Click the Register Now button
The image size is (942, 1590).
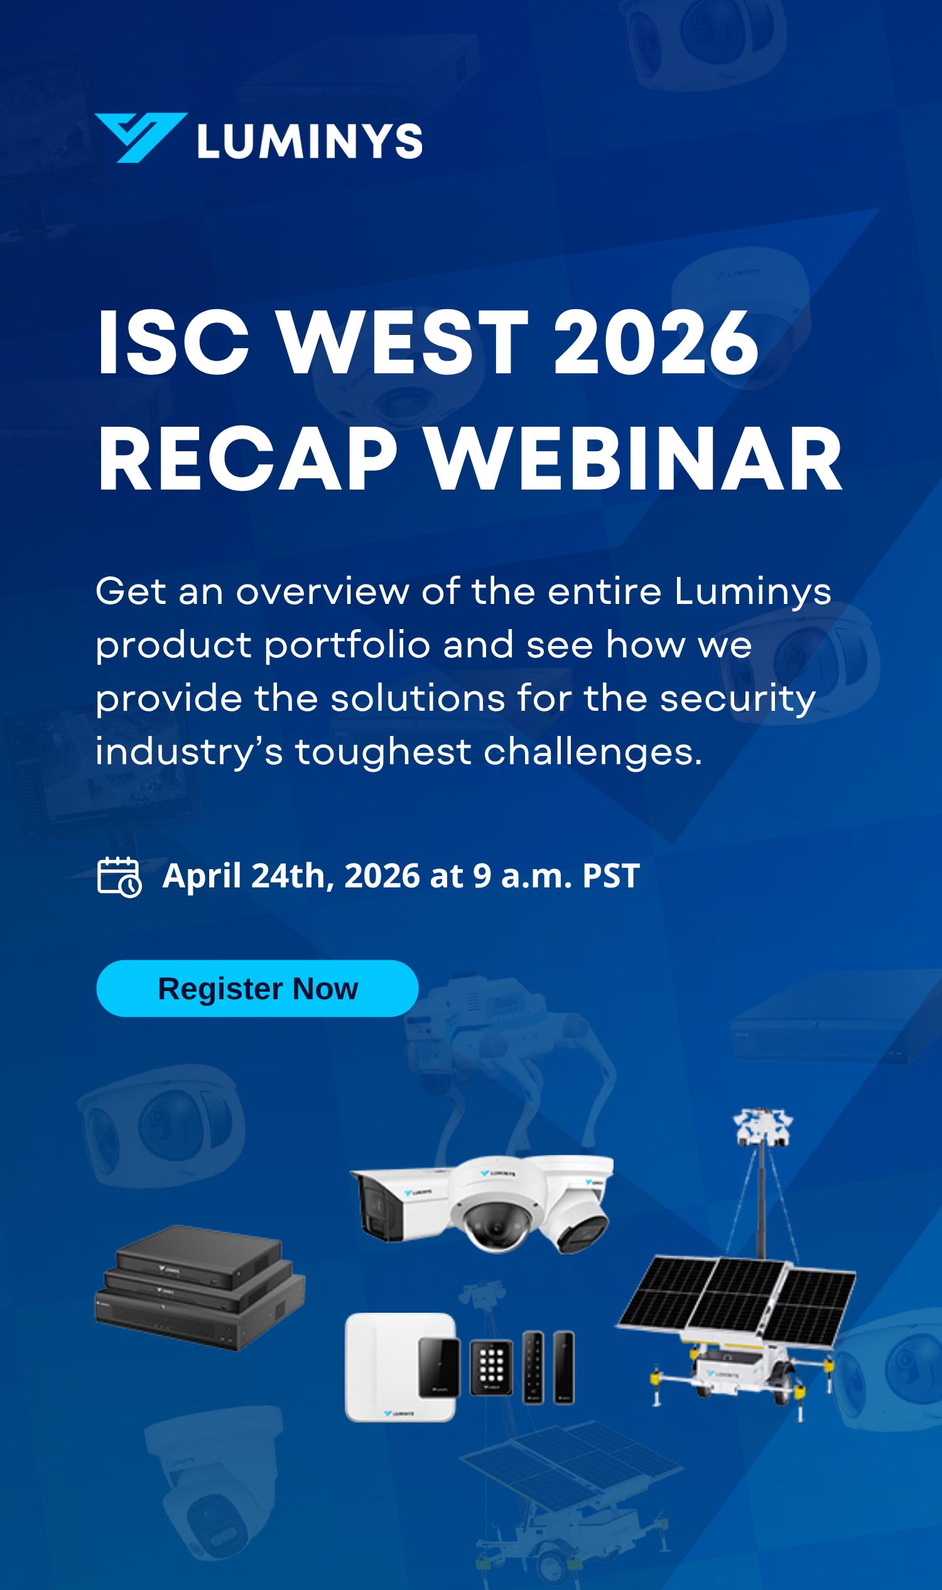point(257,989)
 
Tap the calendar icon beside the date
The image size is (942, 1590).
point(119,877)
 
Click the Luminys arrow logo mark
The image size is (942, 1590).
point(141,137)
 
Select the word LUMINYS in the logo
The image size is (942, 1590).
point(310,140)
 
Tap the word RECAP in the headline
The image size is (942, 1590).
point(247,459)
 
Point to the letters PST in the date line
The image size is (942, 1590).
point(610,875)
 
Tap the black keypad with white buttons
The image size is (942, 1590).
point(491,1366)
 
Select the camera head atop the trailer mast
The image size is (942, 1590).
point(763,1127)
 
